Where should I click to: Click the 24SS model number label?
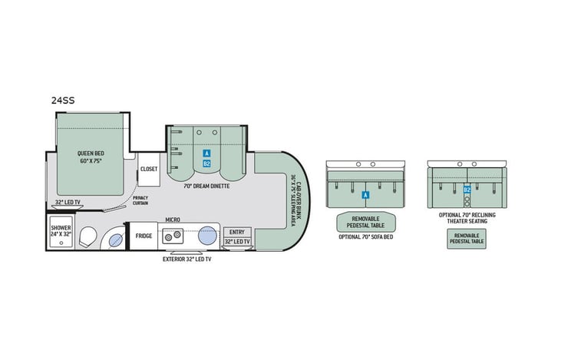click(x=64, y=99)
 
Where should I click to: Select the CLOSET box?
click(x=148, y=169)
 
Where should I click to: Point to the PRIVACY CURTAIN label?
click(x=140, y=200)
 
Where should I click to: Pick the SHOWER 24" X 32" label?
click(x=61, y=231)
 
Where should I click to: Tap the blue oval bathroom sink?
click(x=114, y=240)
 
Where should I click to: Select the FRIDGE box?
click(x=144, y=236)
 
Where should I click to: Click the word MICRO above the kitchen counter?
click(x=173, y=220)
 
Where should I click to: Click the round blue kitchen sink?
click(x=208, y=236)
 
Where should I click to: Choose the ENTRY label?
click(x=236, y=233)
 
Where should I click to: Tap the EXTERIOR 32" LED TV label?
click(x=186, y=259)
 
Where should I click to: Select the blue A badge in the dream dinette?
click(x=206, y=154)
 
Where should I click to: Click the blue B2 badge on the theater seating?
click(x=467, y=190)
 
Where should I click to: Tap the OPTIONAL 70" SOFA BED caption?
click(x=365, y=236)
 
